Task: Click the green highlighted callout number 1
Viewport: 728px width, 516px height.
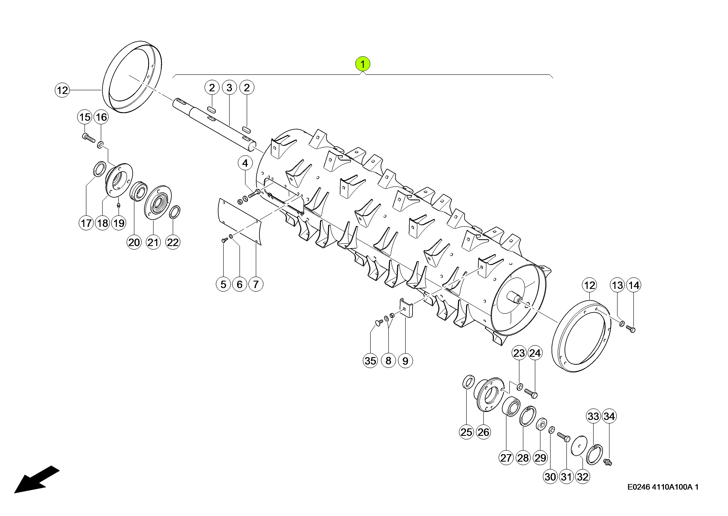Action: (x=363, y=64)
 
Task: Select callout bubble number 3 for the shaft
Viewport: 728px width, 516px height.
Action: (x=229, y=88)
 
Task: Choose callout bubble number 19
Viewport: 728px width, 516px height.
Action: (x=119, y=223)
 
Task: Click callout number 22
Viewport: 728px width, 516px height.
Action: (x=173, y=242)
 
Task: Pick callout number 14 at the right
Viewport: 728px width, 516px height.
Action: (x=634, y=285)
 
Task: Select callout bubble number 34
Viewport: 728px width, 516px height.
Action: (x=609, y=416)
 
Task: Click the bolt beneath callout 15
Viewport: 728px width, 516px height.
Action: (x=88, y=138)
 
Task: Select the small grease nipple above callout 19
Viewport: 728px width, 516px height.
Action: (x=119, y=206)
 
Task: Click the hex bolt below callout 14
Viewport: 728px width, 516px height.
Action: (x=631, y=329)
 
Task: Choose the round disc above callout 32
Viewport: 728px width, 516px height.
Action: (x=579, y=446)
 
